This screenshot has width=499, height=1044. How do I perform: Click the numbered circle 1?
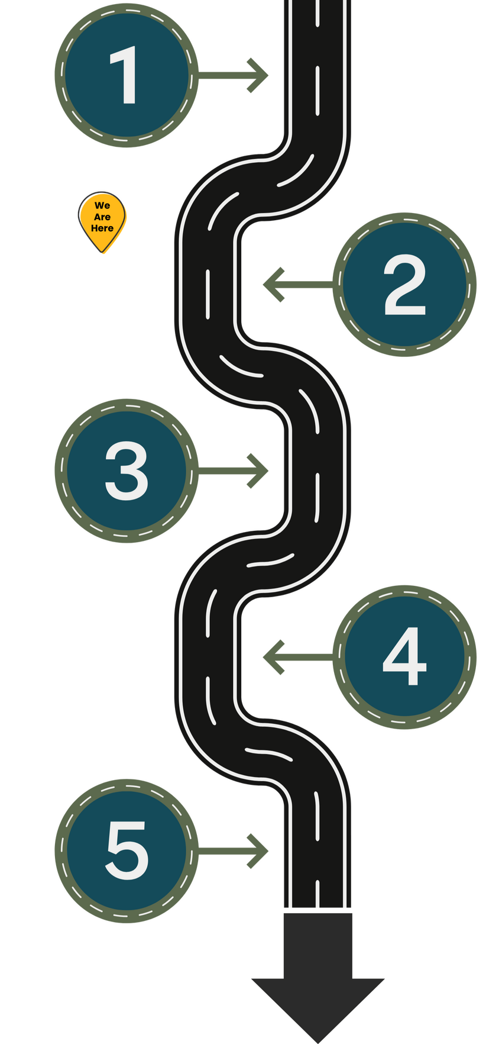(125, 76)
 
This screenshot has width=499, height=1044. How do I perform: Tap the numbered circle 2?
(404, 285)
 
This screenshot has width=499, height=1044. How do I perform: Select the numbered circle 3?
(126, 471)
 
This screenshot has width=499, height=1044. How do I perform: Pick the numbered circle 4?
(404, 656)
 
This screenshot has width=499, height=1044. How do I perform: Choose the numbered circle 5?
(126, 851)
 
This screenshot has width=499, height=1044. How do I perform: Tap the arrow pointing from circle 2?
(296, 285)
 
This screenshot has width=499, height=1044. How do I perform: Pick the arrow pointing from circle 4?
(296, 656)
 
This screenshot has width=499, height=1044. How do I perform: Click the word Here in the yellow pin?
(102, 228)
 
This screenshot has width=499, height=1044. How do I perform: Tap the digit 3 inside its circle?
(126, 471)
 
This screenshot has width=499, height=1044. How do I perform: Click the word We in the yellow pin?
(102, 205)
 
